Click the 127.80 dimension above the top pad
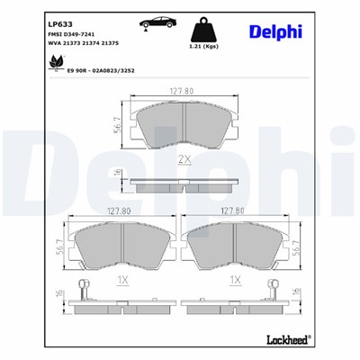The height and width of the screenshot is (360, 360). (180, 88)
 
